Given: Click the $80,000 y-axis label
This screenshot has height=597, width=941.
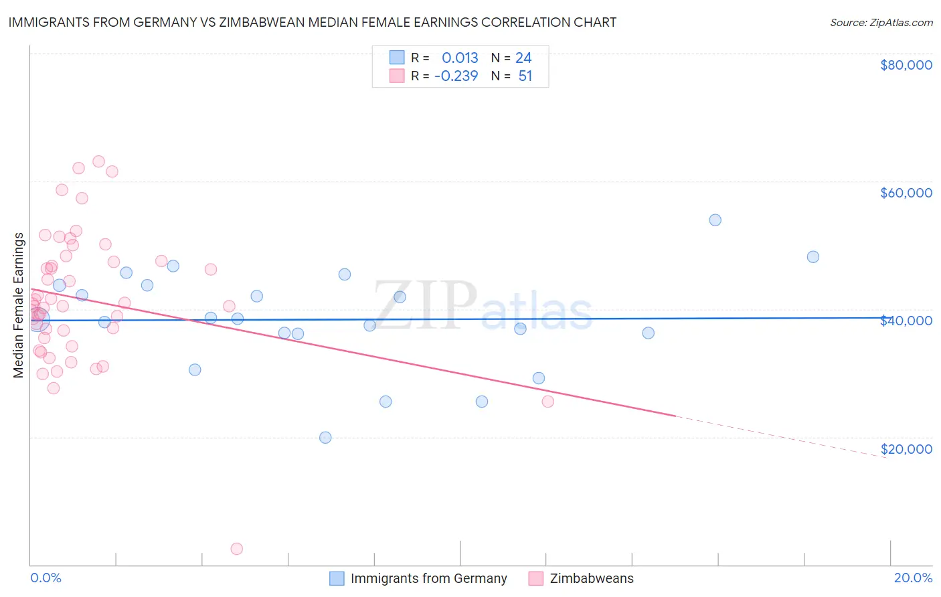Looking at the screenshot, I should (x=906, y=65).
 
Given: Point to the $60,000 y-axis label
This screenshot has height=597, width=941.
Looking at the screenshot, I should (x=906, y=193).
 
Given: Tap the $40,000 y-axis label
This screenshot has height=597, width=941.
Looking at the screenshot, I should (x=906, y=321).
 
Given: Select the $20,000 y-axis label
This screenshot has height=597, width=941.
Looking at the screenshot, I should (x=906, y=449).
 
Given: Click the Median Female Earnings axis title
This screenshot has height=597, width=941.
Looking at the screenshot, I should (x=19, y=305).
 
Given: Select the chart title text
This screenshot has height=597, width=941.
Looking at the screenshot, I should (x=313, y=22).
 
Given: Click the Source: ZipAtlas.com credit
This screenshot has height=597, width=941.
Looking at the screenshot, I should (x=881, y=23).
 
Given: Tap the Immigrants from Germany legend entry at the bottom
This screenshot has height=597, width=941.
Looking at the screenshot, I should (x=428, y=578).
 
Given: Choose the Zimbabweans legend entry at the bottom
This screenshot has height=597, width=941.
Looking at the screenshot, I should (x=591, y=578).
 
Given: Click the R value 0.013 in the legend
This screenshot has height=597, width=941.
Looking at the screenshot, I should (x=460, y=58).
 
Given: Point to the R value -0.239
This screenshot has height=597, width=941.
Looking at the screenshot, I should (x=456, y=76).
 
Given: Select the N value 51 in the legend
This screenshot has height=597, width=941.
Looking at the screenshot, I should (x=525, y=76).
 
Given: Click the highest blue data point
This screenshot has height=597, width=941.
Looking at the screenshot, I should (x=715, y=220).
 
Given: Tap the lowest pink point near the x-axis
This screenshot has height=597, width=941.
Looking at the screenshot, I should (x=236, y=549).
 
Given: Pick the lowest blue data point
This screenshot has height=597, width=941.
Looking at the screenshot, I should (x=325, y=438).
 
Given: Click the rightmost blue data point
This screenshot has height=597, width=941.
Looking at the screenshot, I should (x=812, y=257).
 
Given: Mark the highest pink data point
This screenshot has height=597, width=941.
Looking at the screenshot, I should (x=98, y=161).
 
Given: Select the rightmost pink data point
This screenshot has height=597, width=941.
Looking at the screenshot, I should (x=547, y=402).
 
